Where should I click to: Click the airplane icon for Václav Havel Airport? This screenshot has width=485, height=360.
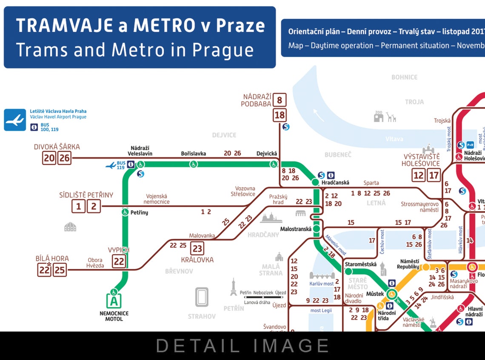point(15,120)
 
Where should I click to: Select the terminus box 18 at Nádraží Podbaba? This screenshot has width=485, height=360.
point(280,115)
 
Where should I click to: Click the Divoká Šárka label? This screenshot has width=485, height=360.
point(57,147)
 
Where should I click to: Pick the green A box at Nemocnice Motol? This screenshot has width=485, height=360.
point(114,302)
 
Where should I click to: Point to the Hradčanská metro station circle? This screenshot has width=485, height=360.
point(315,182)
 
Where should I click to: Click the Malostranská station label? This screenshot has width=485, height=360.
point(296,229)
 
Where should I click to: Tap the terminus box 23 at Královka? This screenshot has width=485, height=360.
point(197,248)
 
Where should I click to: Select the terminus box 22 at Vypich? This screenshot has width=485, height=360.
point(119,261)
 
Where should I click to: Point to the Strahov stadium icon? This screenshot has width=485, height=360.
point(202,297)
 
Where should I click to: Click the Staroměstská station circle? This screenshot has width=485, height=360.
point(348,271)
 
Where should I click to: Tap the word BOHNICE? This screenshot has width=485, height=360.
point(404,77)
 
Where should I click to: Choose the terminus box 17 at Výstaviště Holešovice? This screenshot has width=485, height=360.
point(434,175)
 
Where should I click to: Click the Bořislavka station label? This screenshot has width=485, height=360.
point(194,154)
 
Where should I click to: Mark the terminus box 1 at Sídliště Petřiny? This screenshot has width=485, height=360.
point(78,207)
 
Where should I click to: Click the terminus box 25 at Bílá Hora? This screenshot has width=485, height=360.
point(60,270)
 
